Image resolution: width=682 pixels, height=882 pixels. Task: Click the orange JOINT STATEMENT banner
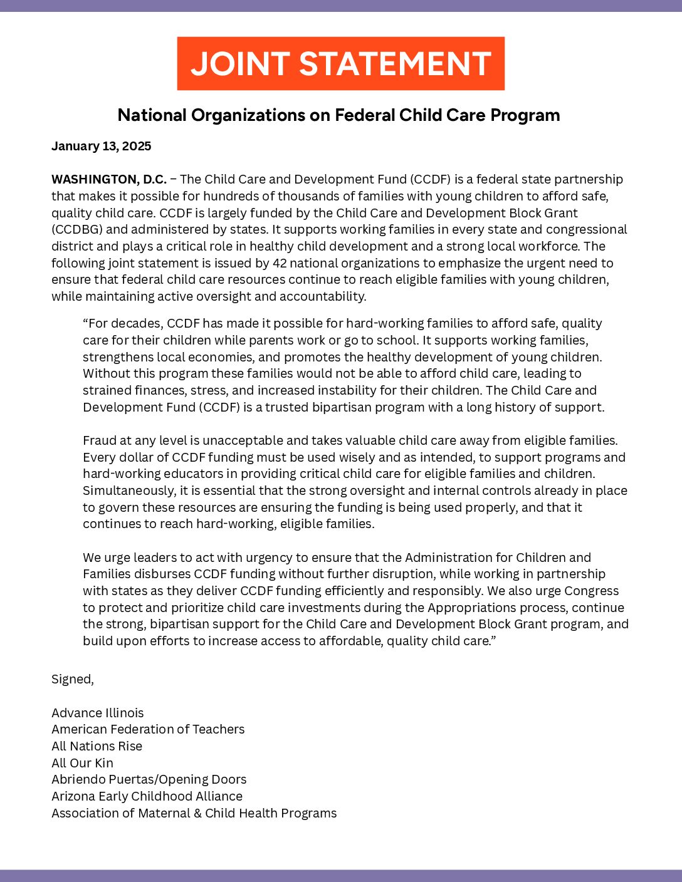coord(340,63)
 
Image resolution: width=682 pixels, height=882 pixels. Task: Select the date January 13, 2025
coord(101,146)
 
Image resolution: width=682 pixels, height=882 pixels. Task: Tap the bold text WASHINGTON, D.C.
coord(108,179)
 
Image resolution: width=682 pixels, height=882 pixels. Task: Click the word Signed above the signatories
coord(71,679)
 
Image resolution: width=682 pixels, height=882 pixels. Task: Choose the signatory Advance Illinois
coord(97,713)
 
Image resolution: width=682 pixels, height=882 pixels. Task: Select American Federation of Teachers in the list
coord(148,729)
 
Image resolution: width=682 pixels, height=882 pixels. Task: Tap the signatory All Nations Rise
coord(97,746)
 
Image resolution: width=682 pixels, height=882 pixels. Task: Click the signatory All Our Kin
coord(82,763)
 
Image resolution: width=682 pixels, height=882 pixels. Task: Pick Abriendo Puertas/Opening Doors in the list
coord(149,779)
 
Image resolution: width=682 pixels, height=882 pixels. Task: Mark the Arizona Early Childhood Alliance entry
coord(147,796)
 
